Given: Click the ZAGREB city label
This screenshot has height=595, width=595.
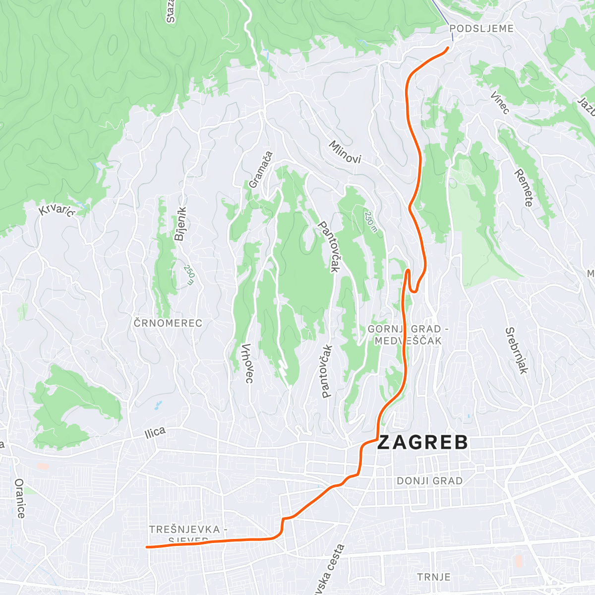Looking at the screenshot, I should click(422, 442).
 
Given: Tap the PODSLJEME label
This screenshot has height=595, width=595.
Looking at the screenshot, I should click(481, 29).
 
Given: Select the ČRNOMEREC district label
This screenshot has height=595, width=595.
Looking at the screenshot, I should click(168, 323).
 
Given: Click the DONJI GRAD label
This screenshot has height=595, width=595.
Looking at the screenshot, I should click(430, 481).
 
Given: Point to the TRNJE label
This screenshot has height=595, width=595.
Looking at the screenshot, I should click(434, 577).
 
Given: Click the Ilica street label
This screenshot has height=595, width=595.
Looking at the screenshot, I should click(155, 433).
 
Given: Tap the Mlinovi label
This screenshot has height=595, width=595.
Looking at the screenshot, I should click(345, 152).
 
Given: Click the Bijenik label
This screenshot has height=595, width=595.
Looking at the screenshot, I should click(180, 224).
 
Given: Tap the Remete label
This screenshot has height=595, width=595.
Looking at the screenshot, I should click(524, 188).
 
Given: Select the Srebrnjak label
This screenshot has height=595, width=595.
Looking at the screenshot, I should click(516, 351).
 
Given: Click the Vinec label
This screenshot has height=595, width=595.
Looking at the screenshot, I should click(500, 103).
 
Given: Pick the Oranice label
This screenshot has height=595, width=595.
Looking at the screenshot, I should click(20, 498).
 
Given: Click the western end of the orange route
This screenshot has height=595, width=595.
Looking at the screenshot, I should click(147, 547).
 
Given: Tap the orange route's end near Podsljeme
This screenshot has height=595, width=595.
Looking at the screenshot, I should click(448, 48).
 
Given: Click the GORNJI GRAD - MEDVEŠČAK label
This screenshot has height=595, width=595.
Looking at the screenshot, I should click(405, 335).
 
